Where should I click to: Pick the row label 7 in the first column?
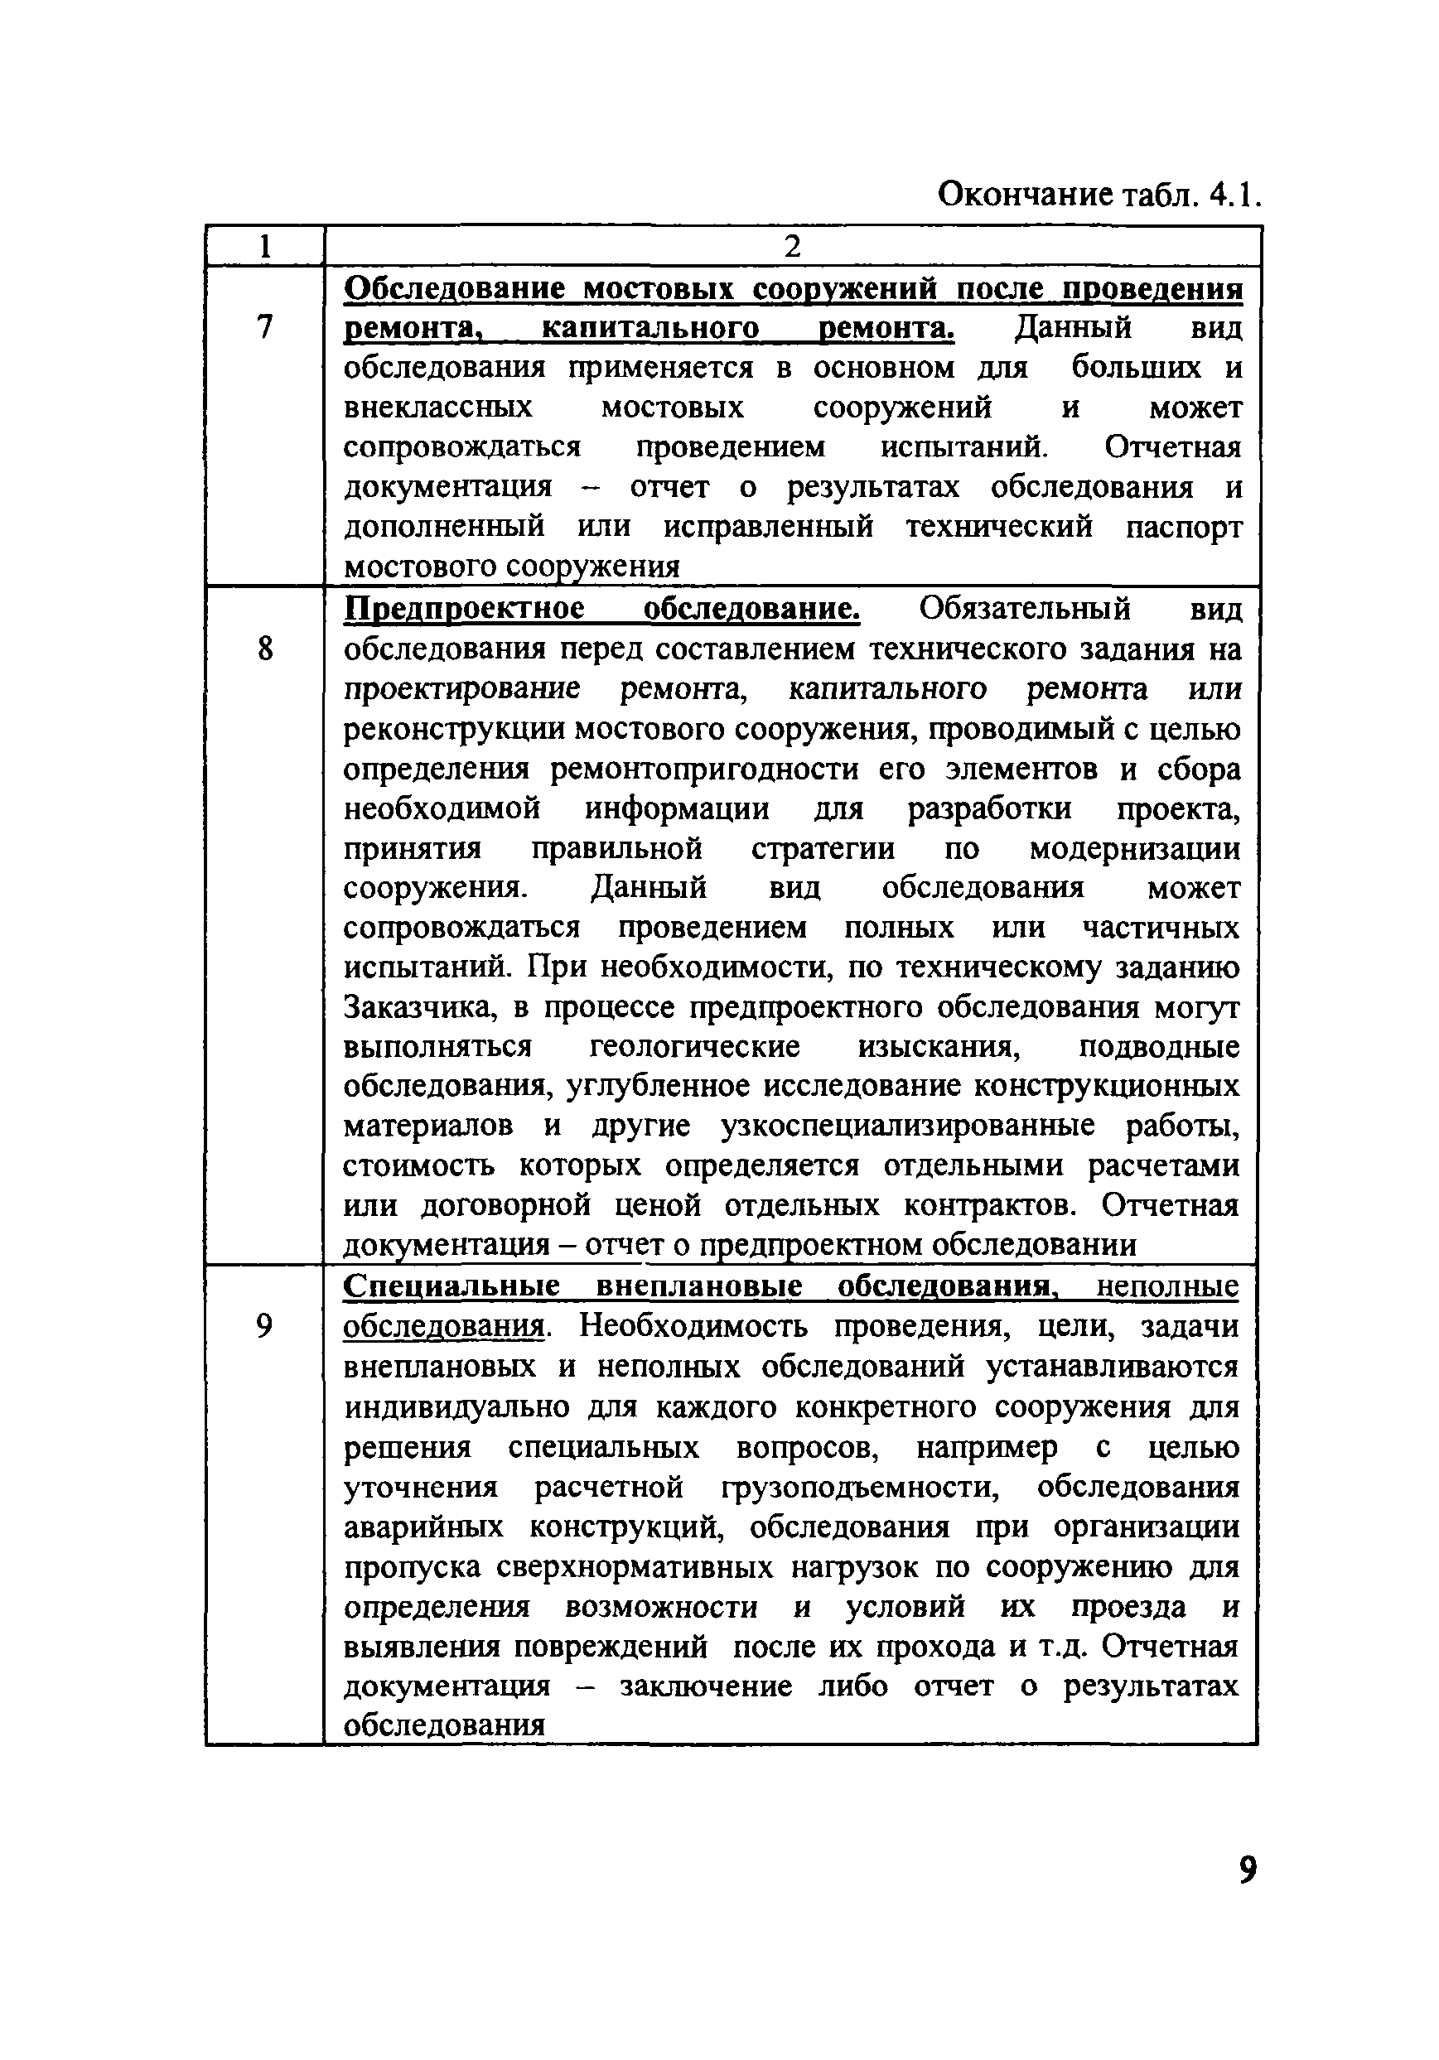263,327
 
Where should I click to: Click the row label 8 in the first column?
263,648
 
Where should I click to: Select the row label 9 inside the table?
263,1325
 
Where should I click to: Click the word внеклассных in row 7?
437,408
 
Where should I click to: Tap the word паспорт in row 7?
1183,527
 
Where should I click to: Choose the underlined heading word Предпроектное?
465,609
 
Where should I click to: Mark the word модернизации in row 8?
1134,848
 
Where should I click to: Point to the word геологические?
694,1047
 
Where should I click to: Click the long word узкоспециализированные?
907,1126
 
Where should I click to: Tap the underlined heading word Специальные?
451,1286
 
